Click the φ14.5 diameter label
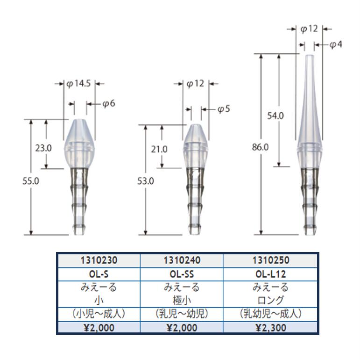[78, 84]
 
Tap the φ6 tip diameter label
[109, 104]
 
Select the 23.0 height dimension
[43, 148]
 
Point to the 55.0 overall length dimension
[31, 181]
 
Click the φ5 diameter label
[224, 109]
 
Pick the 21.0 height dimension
[159, 150]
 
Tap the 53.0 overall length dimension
[146, 181]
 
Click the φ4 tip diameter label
[336, 44]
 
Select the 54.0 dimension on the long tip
[275, 115]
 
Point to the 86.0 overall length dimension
[260, 147]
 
